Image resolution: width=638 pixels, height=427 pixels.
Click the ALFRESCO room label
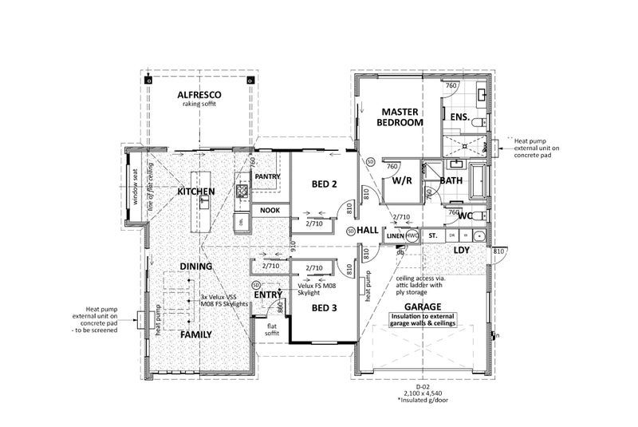pyautogui.click(x=199, y=95)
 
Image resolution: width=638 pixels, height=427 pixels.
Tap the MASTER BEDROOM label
pyautogui.click(x=400, y=117)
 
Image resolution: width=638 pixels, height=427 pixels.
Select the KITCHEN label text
pyautogui.click(x=195, y=192)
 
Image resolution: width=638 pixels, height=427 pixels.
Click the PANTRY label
pyautogui.click(x=266, y=176)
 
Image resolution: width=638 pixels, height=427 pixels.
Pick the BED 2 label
pyautogui.click(x=324, y=184)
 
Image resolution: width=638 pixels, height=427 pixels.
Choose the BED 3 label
pyautogui.click(x=324, y=307)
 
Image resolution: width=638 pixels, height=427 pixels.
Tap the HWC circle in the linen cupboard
pyautogui.click(x=412, y=236)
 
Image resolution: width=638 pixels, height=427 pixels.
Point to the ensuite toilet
pyautogui.click(x=477, y=124)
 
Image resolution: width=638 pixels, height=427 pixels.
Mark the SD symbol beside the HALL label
pyautogui.click(x=351, y=231)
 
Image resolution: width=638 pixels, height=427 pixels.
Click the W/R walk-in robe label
pyautogui.click(x=400, y=181)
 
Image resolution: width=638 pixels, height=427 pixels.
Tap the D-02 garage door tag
pyautogui.click(x=423, y=385)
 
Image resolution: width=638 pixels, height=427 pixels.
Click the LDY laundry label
pyautogui.click(x=460, y=250)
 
